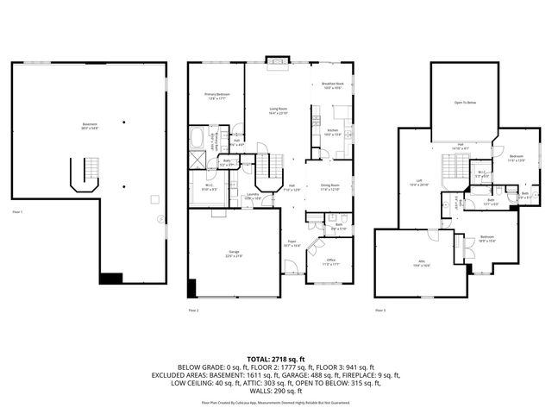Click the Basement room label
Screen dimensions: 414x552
pyautogui.click(x=90, y=125)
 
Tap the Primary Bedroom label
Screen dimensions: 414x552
pyautogui.click(x=216, y=96)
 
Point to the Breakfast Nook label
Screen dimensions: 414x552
pyautogui.click(x=334, y=85)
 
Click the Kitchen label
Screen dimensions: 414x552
pyautogui.click(x=334, y=132)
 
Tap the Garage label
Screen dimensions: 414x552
pyautogui.click(x=234, y=254)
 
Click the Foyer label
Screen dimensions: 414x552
pyautogui.click(x=293, y=244)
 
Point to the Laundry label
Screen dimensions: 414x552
pyautogui.click(x=253, y=196)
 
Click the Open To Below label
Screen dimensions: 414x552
pyautogui.click(x=466, y=103)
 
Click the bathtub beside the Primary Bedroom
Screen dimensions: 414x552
pyautogui.click(x=198, y=137)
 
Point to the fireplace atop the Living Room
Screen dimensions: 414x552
pyautogui.click(x=278, y=60)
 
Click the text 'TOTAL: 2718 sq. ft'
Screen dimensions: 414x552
pyautogui.click(x=276, y=358)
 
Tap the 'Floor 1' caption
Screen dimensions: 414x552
pyautogui.click(x=18, y=211)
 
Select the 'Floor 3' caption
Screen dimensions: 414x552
pyautogui.click(x=380, y=309)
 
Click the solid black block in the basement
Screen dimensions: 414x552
pyautogui.click(x=111, y=278)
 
